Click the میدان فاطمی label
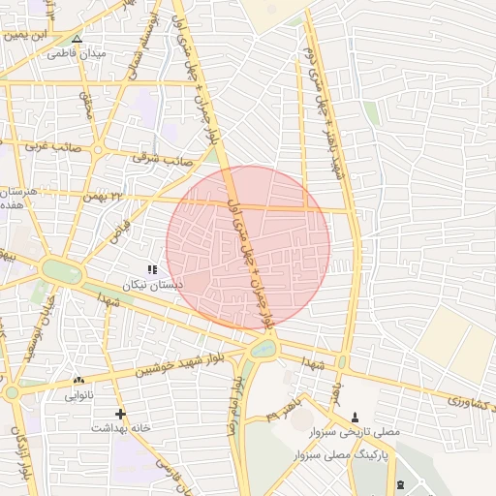pyautogui.click(x=77, y=54)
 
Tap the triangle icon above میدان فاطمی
pyautogui.click(x=77, y=41)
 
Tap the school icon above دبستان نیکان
pyautogui.click(x=151, y=268)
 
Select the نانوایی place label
pyautogui.click(x=78, y=395)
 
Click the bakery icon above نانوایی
pyautogui.click(x=78, y=381)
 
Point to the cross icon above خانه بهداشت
pyautogui.click(x=120, y=414)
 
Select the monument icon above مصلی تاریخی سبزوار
pyautogui.click(x=354, y=417)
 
